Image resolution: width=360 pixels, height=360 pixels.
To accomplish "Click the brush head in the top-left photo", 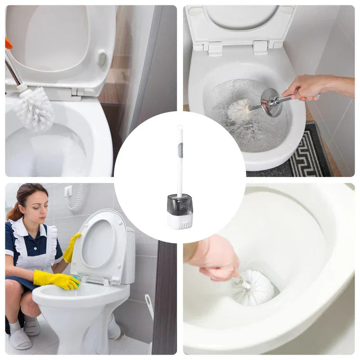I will click(x=34, y=109).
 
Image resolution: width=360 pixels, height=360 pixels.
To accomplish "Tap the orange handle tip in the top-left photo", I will click(x=9, y=43).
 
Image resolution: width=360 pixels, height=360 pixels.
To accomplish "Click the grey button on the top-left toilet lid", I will click(x=102, y=58).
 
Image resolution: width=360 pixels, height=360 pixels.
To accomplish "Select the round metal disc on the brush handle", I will click(x=271, y=102).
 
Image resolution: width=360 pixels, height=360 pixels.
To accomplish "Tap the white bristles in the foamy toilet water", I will click(x=240, y=110).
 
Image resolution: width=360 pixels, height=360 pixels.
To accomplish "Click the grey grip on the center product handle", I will click(x=180, y=150).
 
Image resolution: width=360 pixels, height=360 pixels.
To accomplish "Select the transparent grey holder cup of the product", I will click(x=180, y=205).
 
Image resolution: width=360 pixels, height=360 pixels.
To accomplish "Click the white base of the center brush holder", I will click(x=180, y=221).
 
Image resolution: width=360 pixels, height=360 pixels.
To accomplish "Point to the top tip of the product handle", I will click(x=180, y=128).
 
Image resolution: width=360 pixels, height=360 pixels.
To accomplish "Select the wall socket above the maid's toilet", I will click(x=68, y=191).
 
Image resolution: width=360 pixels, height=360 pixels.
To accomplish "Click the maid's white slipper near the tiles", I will click(x=20, y=338).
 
